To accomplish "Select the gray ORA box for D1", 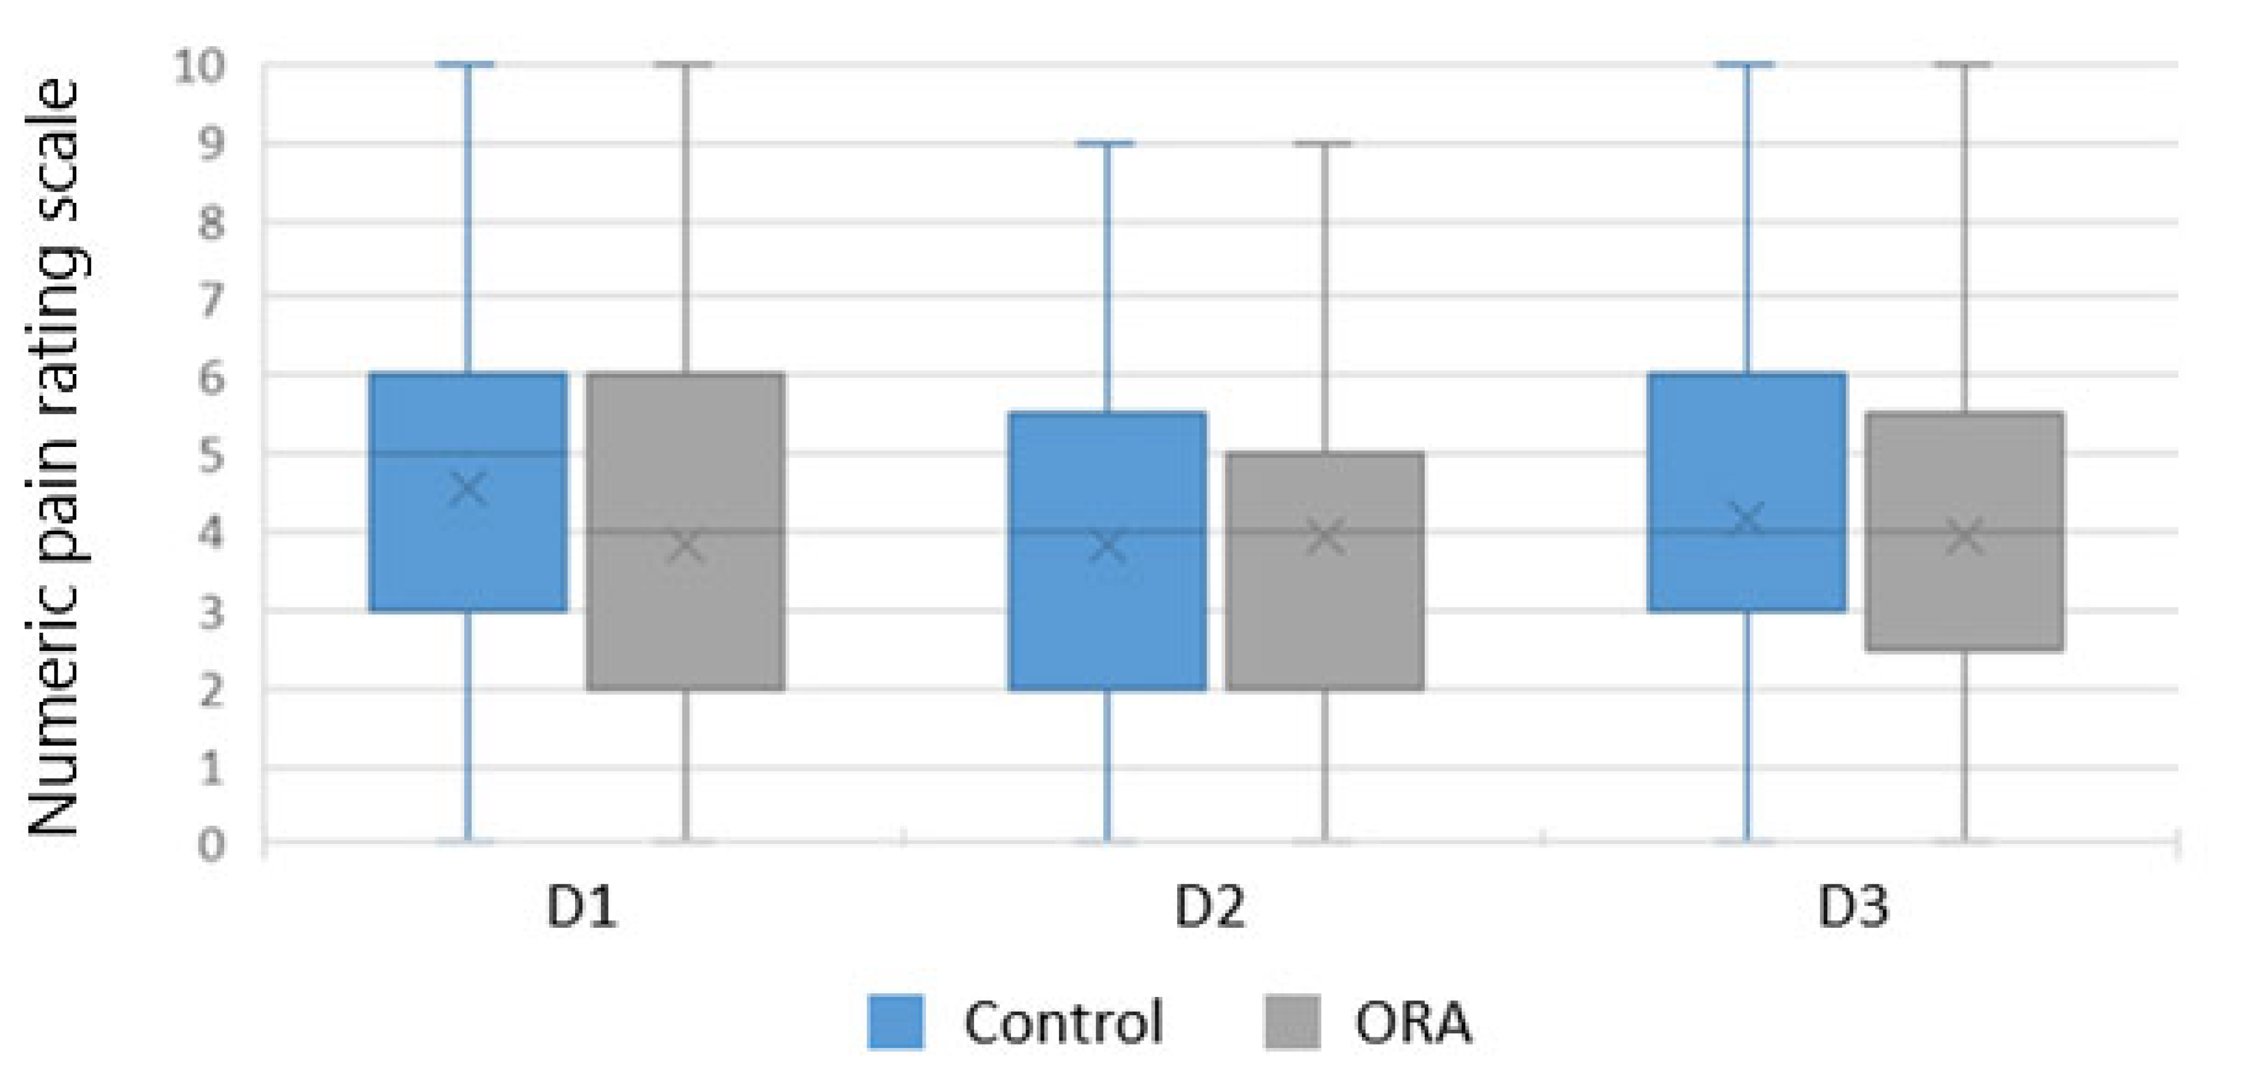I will pyautogui.click(x=686, y=610).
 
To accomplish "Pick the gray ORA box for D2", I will pyautogui.click(x=1325, y=610).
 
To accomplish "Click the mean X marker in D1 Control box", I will pyautogui.click(x=469, y=488).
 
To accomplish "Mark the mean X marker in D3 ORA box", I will pyautogui.click(x=1965, y=537).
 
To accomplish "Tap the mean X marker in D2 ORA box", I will pyautogui.click(x=1325, y=537).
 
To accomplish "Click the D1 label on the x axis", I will pyautogui.click(x=581, y=907).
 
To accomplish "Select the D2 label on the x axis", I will pyautogui.click(x=1209, y=907).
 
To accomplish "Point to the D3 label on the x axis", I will pyautogui.click(x=1853, y=907).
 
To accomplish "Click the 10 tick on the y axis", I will pyautogui.click(x=201, y=66).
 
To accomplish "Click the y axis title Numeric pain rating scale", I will pyautogui.click(x=54, y=458).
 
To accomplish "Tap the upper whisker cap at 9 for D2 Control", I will pyautogui.click(x=1107, y=143).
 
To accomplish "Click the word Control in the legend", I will pyautogui.click(x=1063, y=1022).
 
